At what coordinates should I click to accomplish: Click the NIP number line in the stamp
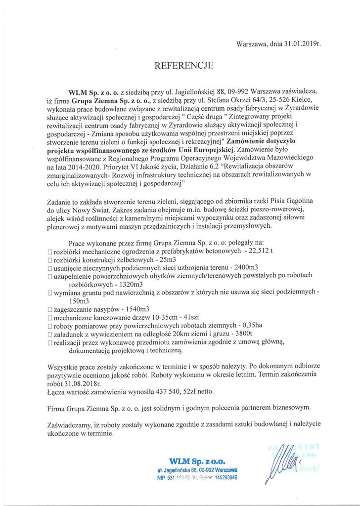coord(197,478)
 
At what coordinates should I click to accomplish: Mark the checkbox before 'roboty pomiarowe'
coord(49,326)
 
